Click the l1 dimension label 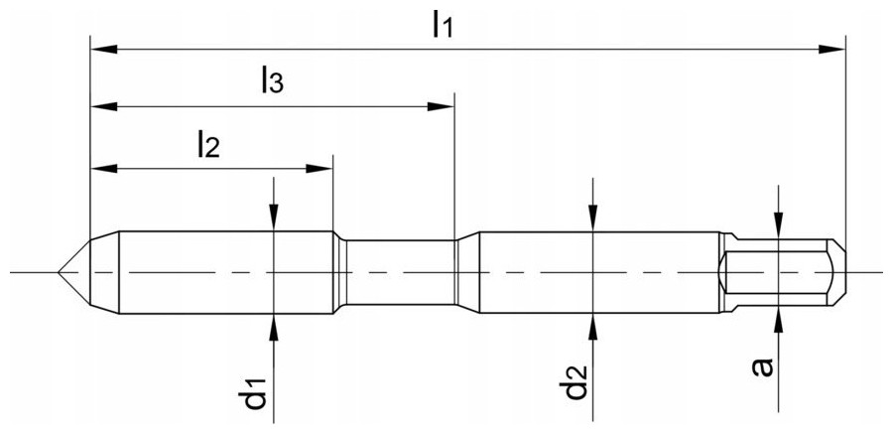442,25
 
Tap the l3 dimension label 272,79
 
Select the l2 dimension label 208,144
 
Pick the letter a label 762,367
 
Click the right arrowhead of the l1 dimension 832,49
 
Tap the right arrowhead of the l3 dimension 441,106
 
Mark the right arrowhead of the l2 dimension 319,169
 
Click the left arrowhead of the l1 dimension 104,49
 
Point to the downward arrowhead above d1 274,217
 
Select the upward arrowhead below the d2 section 593,327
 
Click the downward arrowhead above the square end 779,225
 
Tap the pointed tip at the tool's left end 59,272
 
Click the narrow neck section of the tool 401,272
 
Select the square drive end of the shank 782,272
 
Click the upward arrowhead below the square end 779,320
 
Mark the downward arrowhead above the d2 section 593,217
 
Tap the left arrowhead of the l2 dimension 104,169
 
